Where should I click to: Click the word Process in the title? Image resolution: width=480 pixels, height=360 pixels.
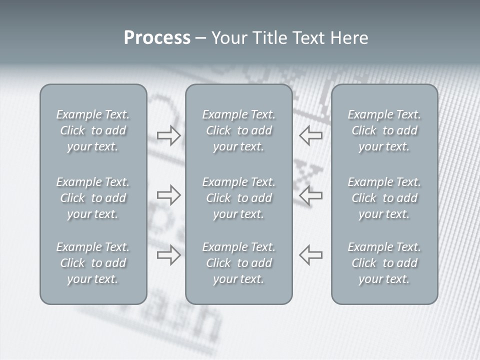157,38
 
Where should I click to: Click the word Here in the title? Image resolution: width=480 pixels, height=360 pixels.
350,38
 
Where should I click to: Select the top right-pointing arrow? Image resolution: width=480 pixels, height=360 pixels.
168,135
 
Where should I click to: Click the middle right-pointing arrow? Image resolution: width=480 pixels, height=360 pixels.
168,194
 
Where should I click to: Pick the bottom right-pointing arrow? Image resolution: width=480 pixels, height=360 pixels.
168,254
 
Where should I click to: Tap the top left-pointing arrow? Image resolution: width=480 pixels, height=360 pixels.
311,135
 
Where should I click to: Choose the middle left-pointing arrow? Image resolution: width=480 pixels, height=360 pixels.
311,194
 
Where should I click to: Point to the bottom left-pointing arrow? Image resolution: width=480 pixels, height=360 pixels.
311,254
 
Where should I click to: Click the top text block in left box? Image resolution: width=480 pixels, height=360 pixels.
93,130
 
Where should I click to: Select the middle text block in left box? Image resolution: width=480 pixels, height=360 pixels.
93,198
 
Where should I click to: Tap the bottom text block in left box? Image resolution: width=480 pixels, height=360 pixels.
93,263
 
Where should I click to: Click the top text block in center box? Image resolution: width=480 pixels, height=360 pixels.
239,130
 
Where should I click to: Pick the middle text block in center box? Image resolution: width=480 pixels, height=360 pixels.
239,198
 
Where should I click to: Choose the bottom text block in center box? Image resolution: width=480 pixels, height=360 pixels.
239,263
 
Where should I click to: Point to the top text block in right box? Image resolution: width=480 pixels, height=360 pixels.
384,130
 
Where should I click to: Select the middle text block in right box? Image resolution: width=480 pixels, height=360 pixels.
384,198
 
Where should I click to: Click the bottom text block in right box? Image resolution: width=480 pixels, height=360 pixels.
384,263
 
